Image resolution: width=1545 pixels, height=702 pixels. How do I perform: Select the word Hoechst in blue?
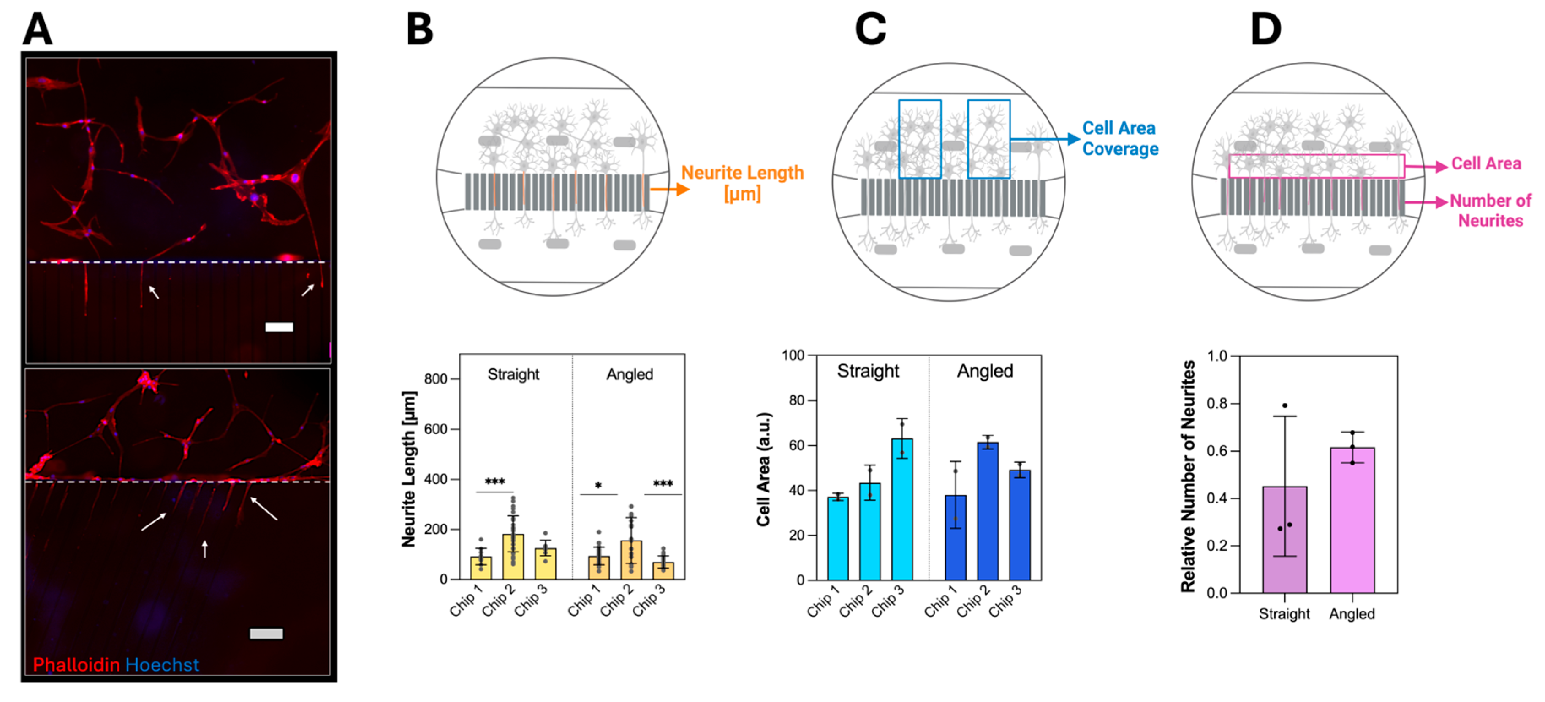[162, 664]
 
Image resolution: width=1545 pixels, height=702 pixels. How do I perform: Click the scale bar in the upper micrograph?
[279, 327]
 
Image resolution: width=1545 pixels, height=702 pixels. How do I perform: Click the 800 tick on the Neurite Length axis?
[436, 379]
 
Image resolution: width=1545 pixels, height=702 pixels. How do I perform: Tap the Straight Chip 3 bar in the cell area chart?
[901, 510]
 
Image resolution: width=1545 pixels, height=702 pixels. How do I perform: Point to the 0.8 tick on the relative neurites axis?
[1217, 403]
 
